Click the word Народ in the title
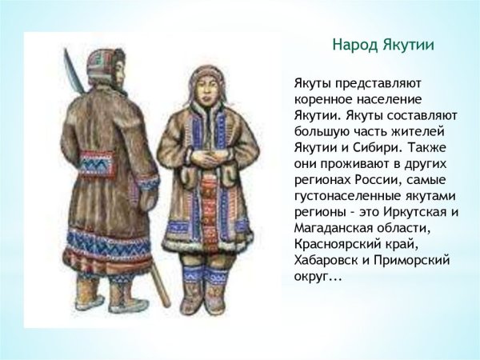tap(353, 45)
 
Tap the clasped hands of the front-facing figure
tap(210, 154)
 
